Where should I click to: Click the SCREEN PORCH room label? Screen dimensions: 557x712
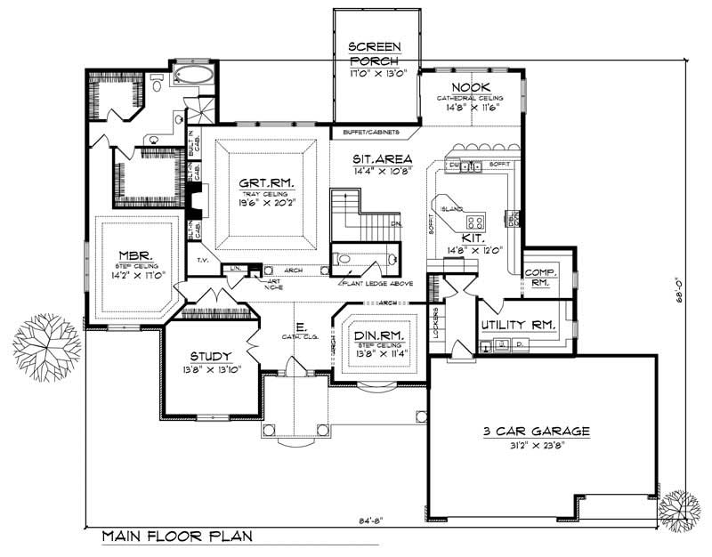tap(375, 53)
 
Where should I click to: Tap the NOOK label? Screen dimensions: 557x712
tap(466, 86)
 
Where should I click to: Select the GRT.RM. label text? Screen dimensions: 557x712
tap(266, 185)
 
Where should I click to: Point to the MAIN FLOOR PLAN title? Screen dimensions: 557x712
tap(177, 537)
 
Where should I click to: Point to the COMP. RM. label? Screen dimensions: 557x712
tap(539, 278)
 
